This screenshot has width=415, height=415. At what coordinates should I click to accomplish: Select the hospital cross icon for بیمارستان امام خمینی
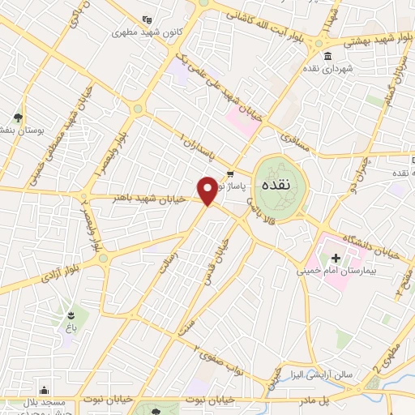tap(336, 257)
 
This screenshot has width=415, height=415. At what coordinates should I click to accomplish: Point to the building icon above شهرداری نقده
tap(327, 56)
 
